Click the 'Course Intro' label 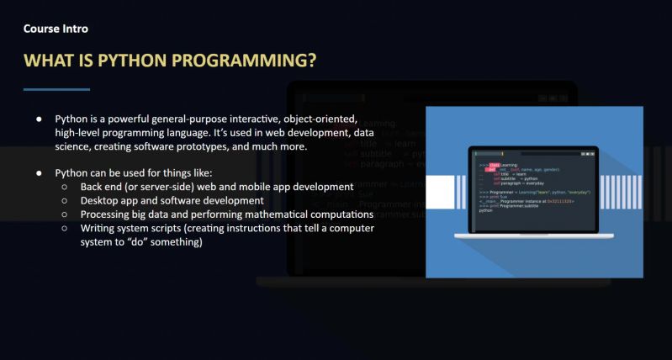click(x=56, y=29)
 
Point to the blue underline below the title click(x=56, y=89)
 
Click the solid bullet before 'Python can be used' click(x=39, y=172)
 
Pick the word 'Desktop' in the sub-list click(x=101, y=201)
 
